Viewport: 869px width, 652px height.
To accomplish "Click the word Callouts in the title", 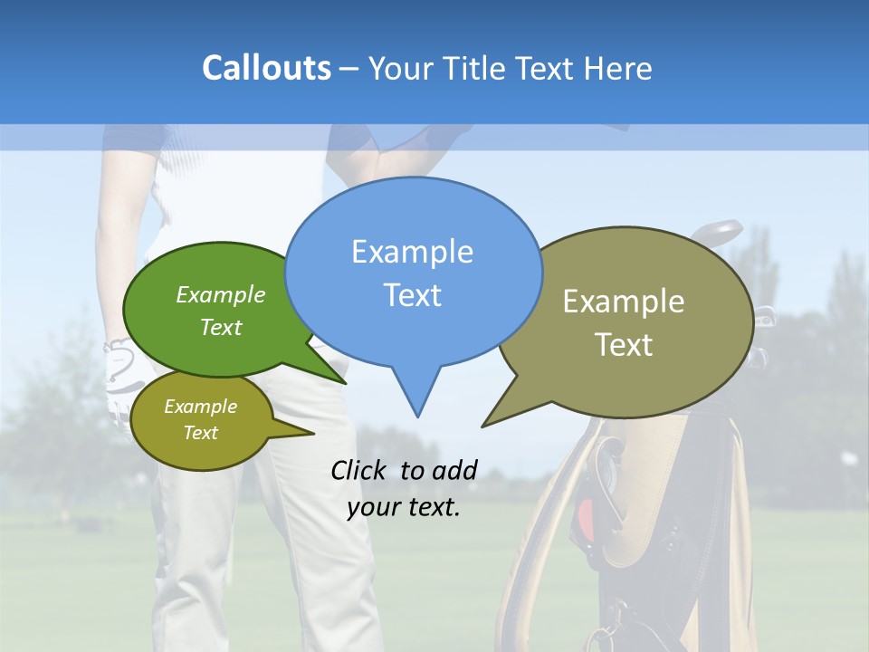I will (x=266, y=68).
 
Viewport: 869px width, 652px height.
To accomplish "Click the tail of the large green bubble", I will (x=340, y=379).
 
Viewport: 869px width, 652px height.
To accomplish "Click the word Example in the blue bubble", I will (x=412, y=252).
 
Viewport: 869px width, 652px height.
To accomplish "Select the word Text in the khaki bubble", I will (x=624, y=345).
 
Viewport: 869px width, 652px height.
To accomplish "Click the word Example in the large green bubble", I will (x=221, y=295).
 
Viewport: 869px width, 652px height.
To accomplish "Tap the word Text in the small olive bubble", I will (x=201, y=433).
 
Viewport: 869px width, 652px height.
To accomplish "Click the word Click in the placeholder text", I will (x=361, y=470).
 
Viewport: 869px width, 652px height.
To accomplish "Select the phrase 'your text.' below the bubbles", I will (x=404, y=507).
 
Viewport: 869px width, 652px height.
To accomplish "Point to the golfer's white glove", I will (x=119, y=371).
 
